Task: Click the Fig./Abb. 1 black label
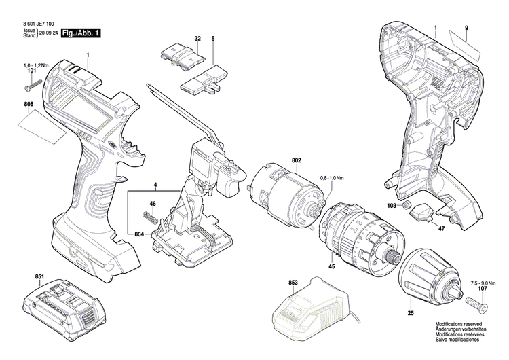(81, 33)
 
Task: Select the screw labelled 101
(34, 86)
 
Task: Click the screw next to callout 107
(472, 300)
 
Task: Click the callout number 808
(28, 105)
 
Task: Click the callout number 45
(333, 267)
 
